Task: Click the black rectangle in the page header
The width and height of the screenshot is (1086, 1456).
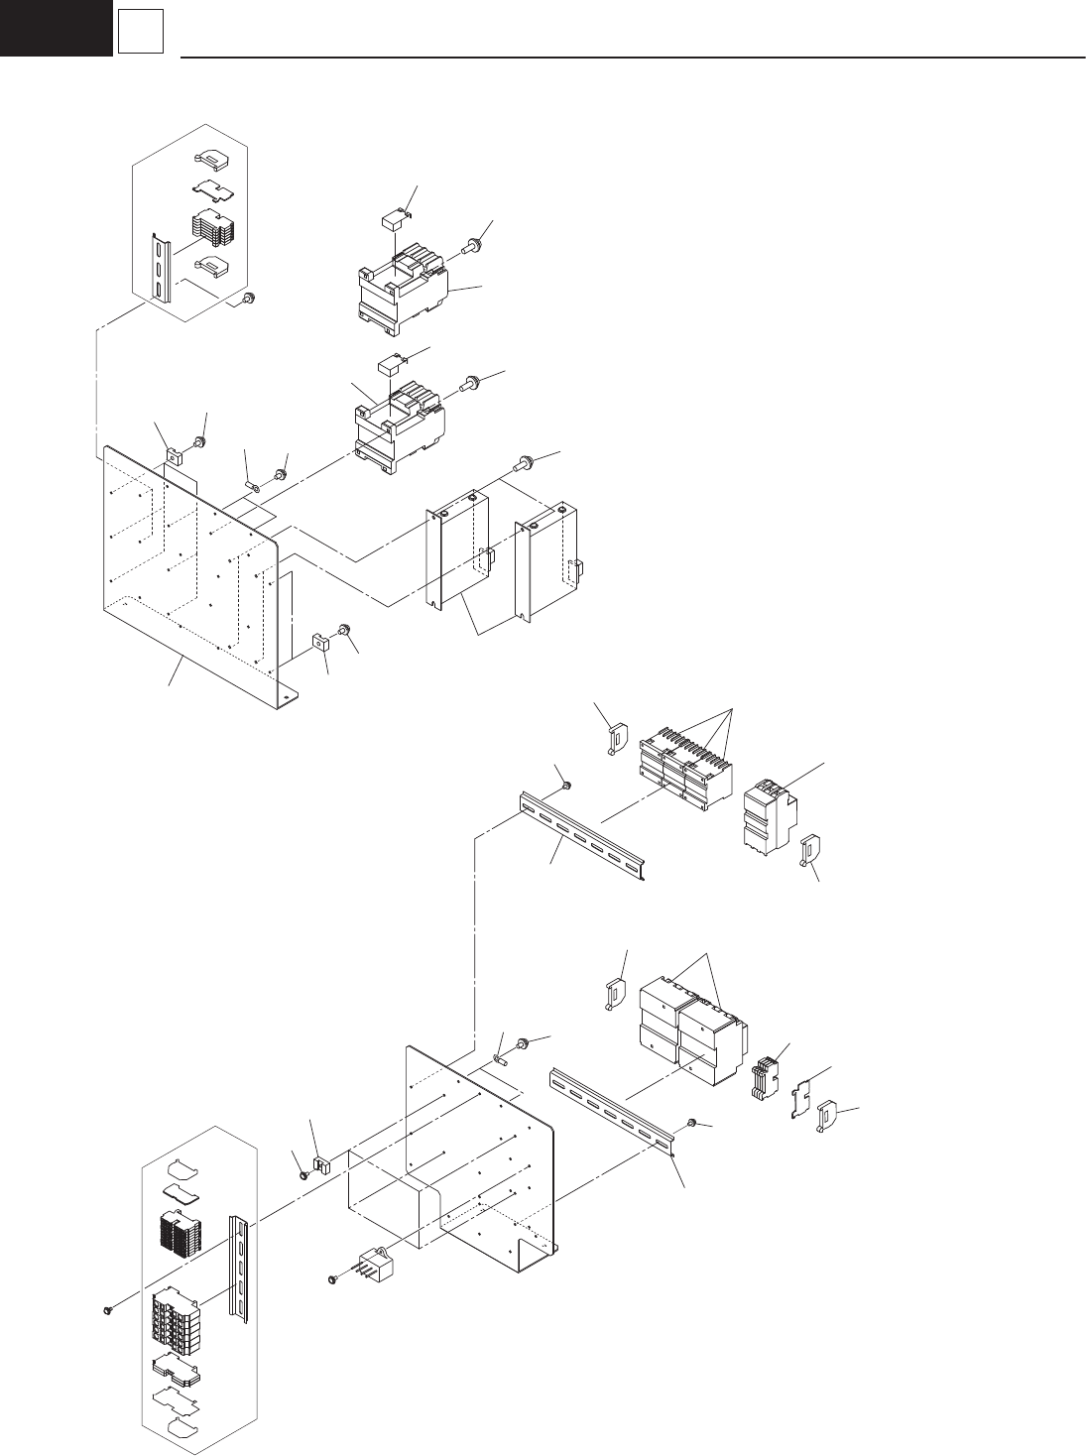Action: [56, 27]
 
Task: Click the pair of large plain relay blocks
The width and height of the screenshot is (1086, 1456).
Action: [689, 1022]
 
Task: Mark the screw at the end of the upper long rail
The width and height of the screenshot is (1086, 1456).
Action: [566, 786]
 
